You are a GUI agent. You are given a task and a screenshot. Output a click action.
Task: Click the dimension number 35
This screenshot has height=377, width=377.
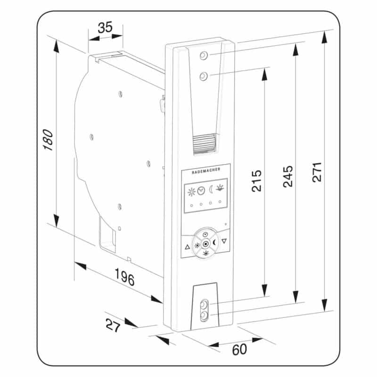pyautogui.click(x=105, y=27)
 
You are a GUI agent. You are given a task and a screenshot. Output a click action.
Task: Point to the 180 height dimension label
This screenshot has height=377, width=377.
pyautogui.click(x=48, y=140)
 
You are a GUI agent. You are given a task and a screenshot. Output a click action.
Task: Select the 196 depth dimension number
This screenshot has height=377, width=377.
pyautogui.click(x=124, y=277)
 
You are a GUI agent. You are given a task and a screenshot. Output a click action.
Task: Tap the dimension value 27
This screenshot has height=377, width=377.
pyautogui.click(x=113, y=325)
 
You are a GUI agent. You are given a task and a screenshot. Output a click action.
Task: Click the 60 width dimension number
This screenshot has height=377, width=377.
pyautogui.click(x=239, y=349)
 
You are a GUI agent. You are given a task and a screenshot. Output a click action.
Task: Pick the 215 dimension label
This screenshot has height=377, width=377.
pyautogui.click(x=256, y=181)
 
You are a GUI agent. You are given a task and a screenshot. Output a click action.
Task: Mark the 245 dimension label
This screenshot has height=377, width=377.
pyautogui.click(x=288, y=176)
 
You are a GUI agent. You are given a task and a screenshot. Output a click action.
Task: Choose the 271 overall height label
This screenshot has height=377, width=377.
pyautogui.click(x=317, y=172)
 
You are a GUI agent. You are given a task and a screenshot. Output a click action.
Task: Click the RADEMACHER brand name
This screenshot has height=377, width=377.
pyautogui.click(x=206, y=171)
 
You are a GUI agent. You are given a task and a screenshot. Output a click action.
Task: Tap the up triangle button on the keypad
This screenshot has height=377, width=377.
pyautogui.click(x=187, y=247)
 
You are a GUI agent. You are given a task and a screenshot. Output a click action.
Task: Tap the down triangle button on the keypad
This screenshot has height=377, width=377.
pyautogui.click(x=224, y=241)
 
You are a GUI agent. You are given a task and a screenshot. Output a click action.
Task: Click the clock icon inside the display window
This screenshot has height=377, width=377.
pyautogui.click(x=201, y=191)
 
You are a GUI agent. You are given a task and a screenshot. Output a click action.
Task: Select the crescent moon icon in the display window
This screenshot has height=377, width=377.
pyautogui.click(x=211, y=189)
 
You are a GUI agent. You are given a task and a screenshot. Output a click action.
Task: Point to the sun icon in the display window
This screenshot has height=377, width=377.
pyautogui.click(x=191, y=192)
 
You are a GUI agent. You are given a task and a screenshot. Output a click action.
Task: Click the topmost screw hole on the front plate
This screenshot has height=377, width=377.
pyautogui.click(x=204, y=56)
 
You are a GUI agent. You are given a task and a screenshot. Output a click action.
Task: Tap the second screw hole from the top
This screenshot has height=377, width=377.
pyautogui.click(x=204, y=76)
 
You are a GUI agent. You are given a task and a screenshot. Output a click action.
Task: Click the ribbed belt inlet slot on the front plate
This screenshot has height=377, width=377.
pyautogui.click(x=205, y=144)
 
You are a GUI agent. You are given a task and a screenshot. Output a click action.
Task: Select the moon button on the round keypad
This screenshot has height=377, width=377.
pyautogui.click(x=214, y=243)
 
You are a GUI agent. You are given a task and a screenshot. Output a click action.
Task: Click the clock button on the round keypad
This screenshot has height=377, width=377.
pyautogui.click(x=205, y=234)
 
